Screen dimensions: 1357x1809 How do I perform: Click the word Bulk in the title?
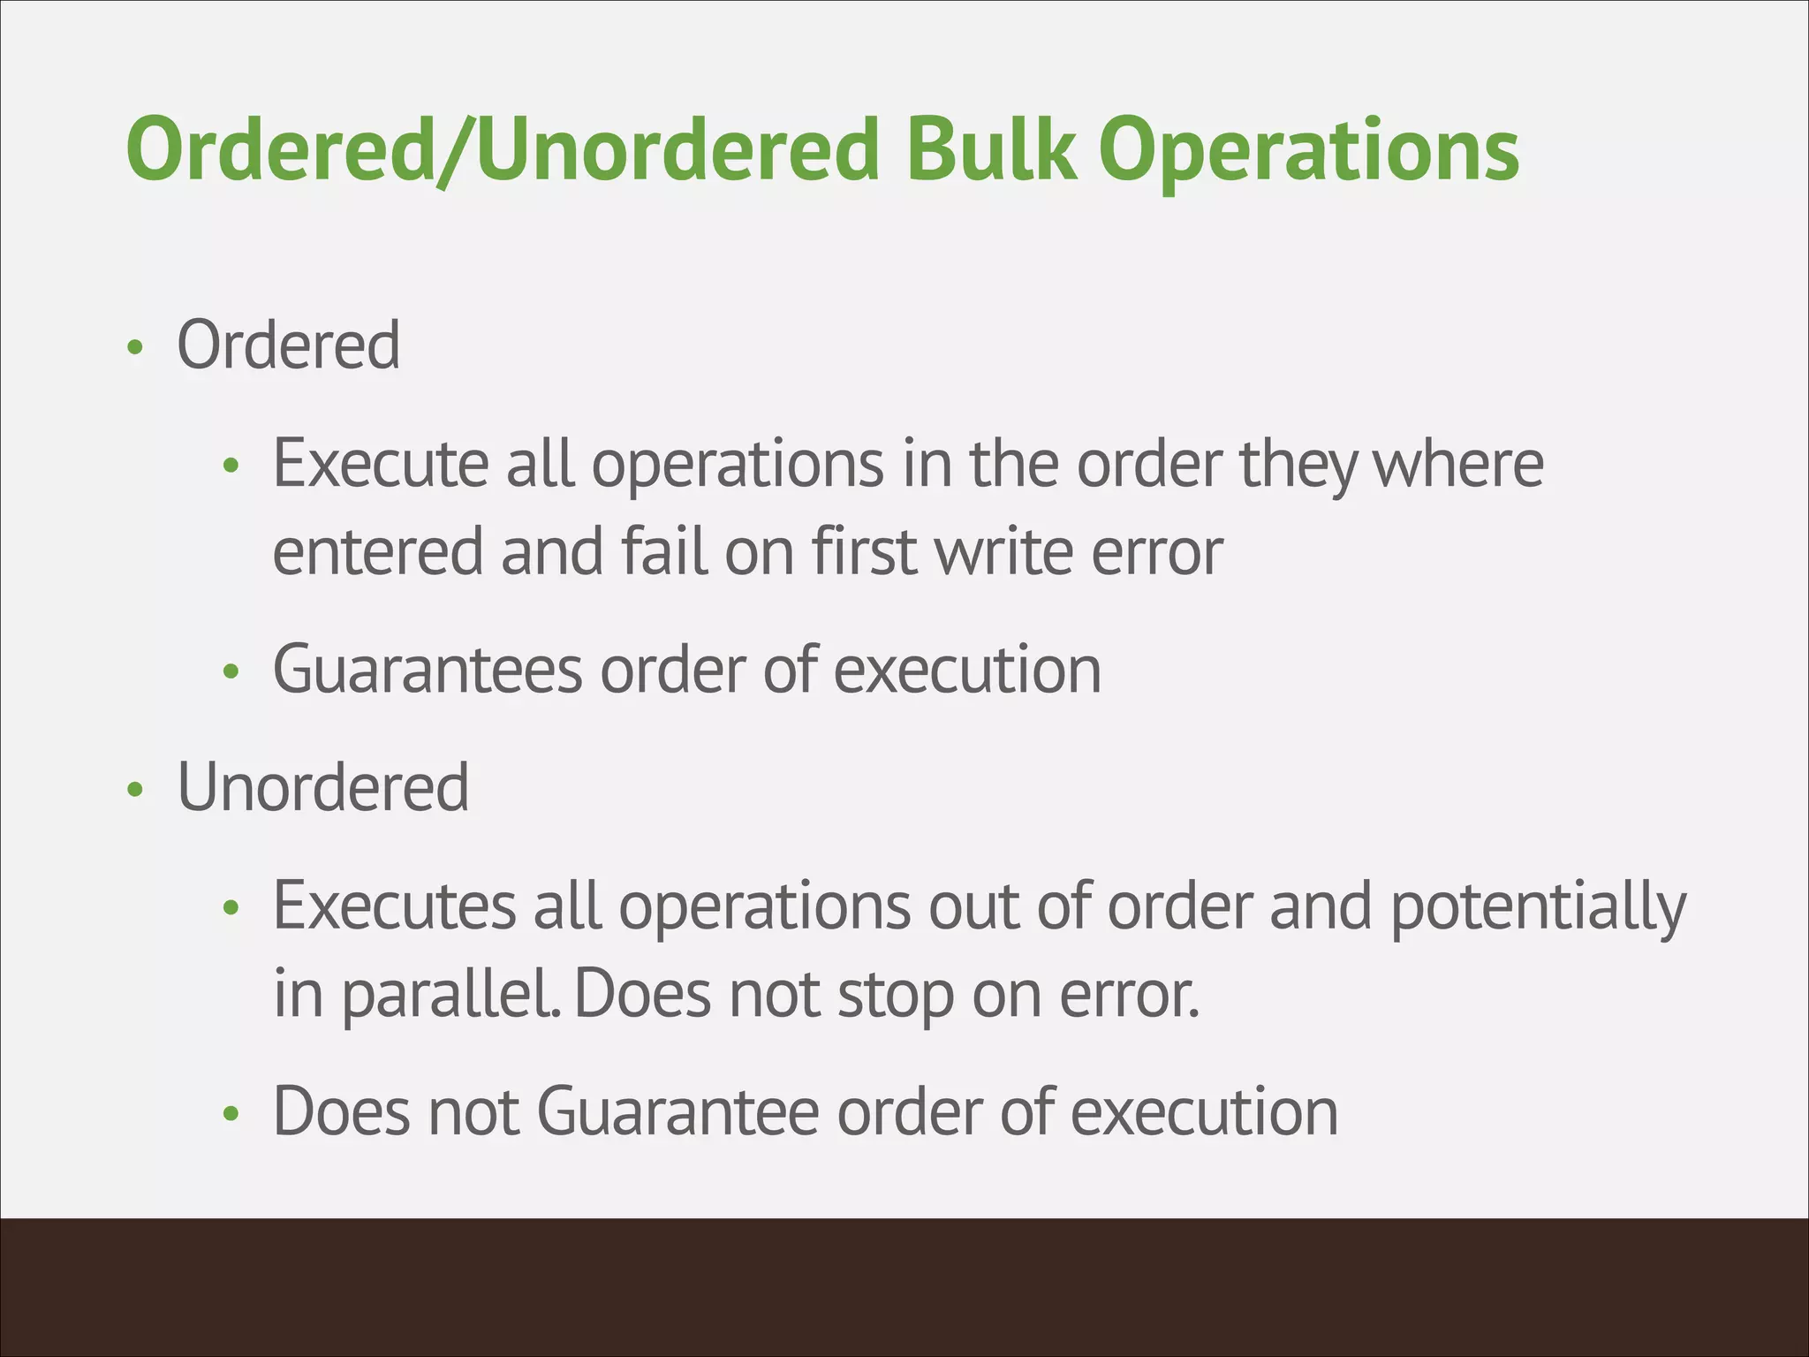tap(991, 150)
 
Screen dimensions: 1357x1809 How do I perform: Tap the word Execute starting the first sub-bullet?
tap(380, 463)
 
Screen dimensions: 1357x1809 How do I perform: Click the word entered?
tap(377, 551)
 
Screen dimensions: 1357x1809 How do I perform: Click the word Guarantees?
tap(428, 669)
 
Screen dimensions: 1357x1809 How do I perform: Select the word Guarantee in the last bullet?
tap(677, 1111)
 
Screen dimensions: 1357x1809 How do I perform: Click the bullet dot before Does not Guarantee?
tap(231, 1114)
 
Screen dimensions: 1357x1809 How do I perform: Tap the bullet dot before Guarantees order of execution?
tap(231, 672)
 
